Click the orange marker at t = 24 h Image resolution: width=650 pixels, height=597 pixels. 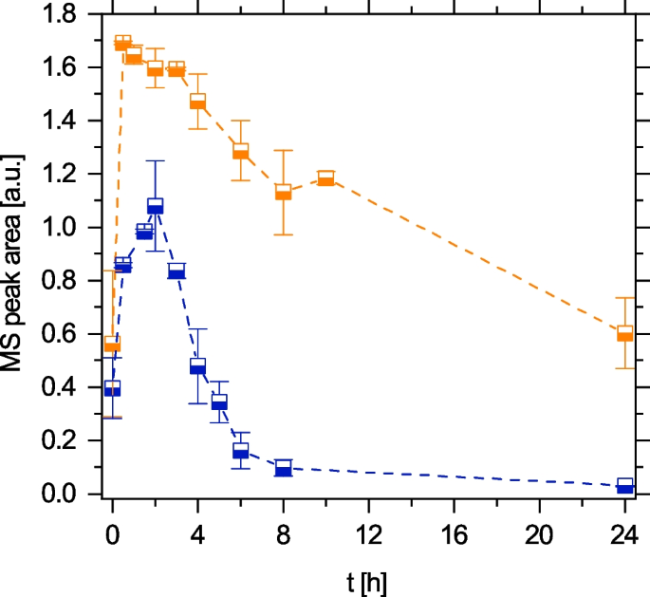[x=624, y=333]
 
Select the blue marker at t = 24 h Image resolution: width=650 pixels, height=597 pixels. [x=624, y=486]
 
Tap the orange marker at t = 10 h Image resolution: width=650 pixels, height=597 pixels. [x=325, y=177]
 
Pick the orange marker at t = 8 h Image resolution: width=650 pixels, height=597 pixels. [x=283, y=192]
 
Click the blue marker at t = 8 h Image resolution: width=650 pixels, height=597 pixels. [x=283, y=468]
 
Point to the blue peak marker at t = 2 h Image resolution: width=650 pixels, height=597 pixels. [x=155, y=205]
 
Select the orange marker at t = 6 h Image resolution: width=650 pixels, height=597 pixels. [x=240, y=151]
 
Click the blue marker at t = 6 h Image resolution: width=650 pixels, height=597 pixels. [x=240, y=451]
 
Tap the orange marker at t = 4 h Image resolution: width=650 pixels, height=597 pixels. [x=197, y=101]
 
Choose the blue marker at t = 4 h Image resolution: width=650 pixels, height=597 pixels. [x=197, y=365]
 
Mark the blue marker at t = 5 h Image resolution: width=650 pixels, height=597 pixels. [x=219, y=402]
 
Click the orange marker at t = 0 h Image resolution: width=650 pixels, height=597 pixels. [x=112, y=345]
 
